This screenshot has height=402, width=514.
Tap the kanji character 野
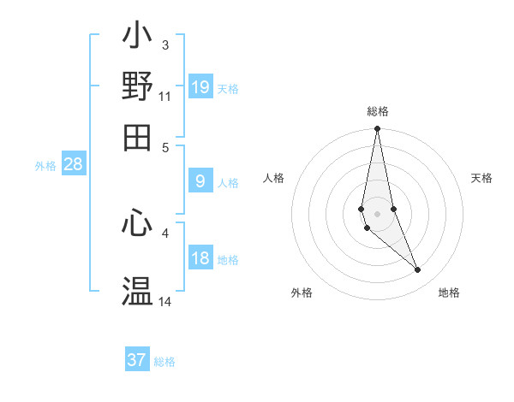pos(138,86)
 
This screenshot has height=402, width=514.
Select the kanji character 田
pos(138,137)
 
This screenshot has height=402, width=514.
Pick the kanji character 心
pos(138,223)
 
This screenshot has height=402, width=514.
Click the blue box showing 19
pos(200,86)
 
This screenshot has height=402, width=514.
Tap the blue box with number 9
pos(200,181)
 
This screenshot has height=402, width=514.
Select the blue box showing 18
pos(200,259)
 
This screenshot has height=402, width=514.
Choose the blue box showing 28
pos(73,165)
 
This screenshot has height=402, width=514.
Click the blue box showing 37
pos(137,360)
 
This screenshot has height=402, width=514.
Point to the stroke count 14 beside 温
pos(165,301)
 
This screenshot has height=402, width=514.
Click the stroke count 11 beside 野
pos(165,96)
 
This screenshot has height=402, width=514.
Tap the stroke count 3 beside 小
pos(165,44)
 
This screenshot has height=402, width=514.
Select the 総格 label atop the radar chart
pos(378,111)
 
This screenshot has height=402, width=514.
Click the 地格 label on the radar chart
pos(449,293)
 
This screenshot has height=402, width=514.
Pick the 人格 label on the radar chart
pos(274,178)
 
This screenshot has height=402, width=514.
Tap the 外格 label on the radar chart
pos(302,293)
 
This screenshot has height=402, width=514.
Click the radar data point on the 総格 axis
pos(377,129)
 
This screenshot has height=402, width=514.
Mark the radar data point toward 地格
pos(417,270)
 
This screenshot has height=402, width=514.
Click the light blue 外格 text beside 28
pos(45,166)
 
